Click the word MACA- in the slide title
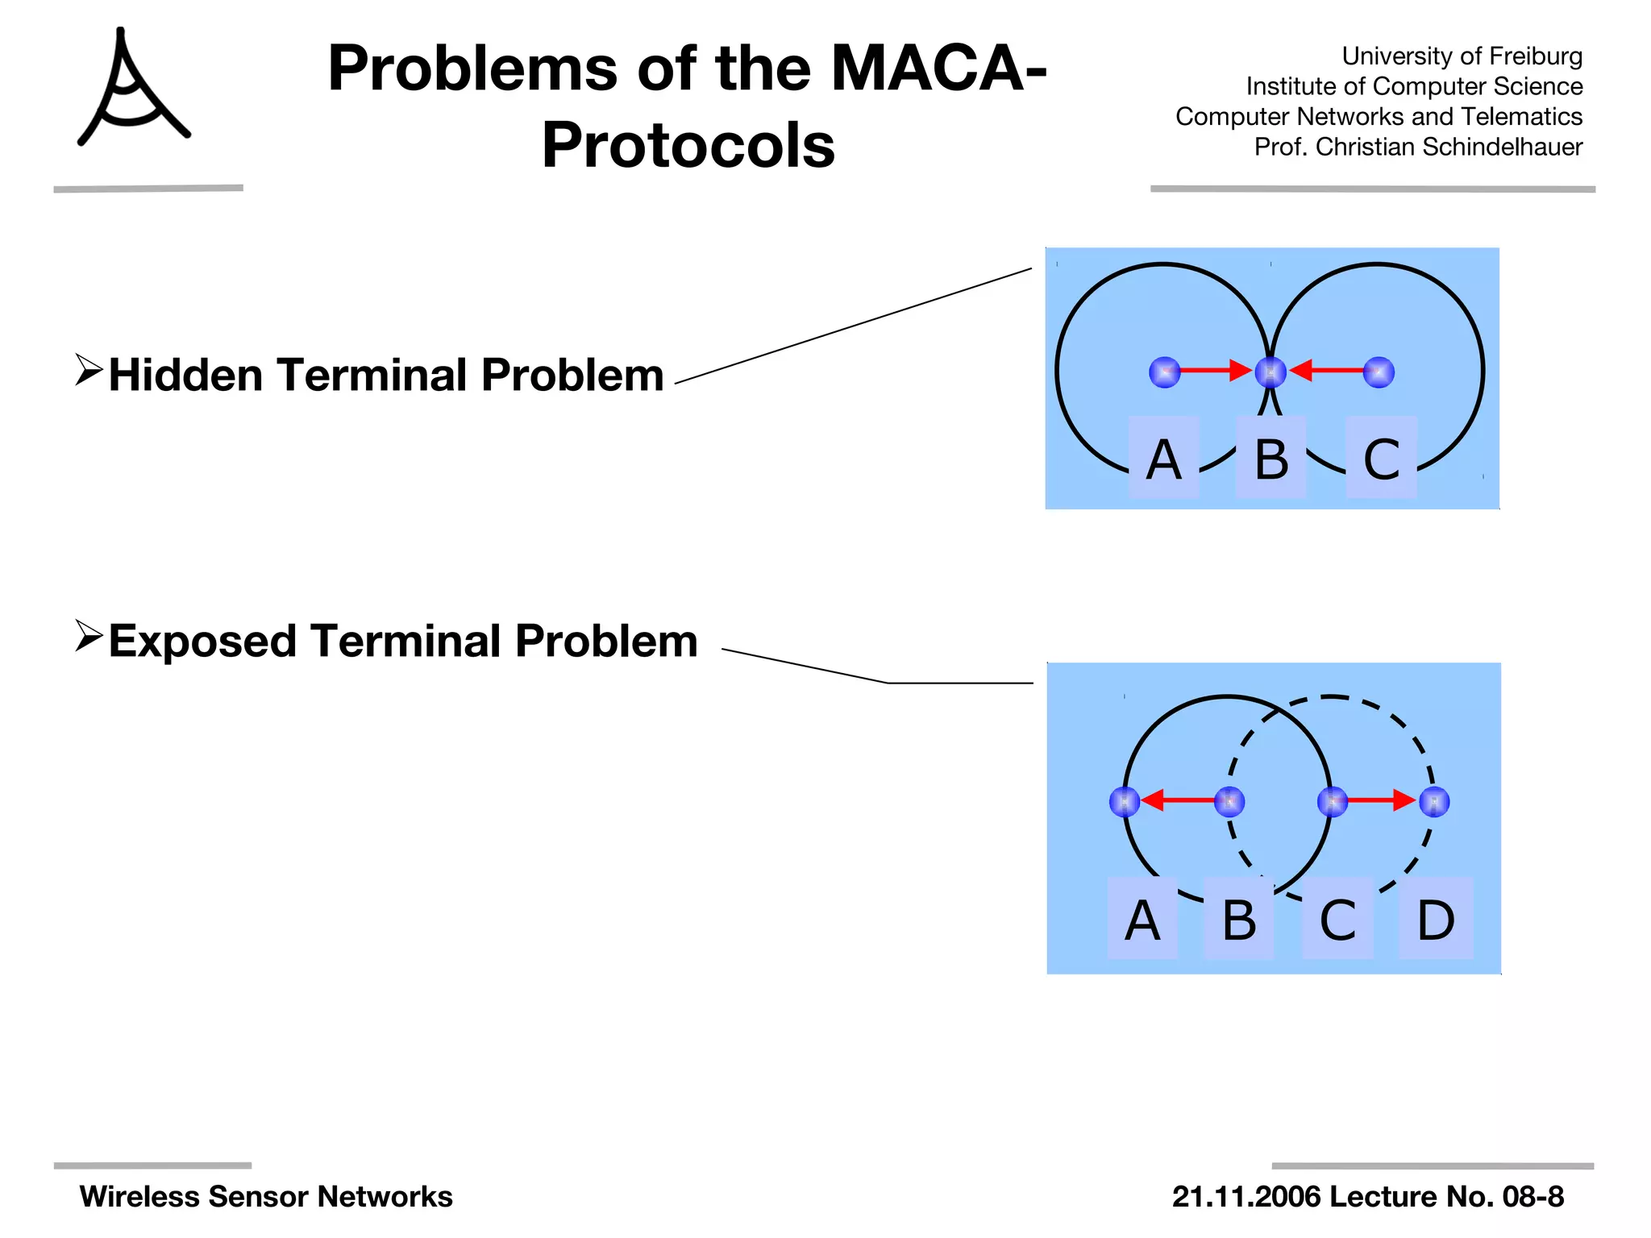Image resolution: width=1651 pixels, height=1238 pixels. coord(938,69)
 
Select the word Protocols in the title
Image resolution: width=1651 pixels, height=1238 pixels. coord(688,146)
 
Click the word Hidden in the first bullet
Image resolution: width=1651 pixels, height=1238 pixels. coord(185,376)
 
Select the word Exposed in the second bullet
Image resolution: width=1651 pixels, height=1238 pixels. coord(202,642)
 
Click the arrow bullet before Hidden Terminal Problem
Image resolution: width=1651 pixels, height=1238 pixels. coord(88,370)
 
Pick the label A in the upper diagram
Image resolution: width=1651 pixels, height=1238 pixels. coord(1163,459)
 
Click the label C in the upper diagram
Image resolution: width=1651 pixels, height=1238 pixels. coord(1381,459)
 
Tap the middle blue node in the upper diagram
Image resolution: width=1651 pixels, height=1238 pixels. coord(1270,372)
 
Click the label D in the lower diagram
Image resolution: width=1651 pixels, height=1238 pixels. coord(1436,920)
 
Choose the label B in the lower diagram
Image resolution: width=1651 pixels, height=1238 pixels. coord(1238,920)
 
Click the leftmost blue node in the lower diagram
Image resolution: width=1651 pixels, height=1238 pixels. coord(1125,802)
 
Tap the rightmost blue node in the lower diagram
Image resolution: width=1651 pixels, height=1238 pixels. coord(1434,802)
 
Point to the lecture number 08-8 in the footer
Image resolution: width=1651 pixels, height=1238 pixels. coord(1532,1197)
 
